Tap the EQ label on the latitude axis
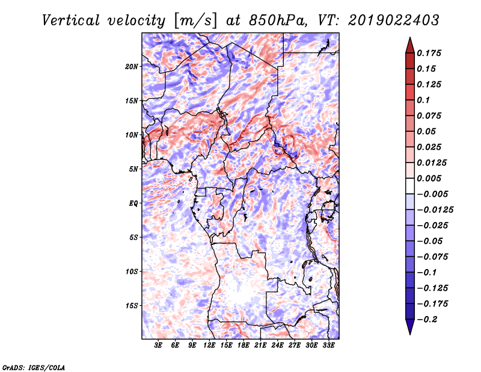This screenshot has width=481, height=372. point(134,203)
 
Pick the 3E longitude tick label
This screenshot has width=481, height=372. point(159,346)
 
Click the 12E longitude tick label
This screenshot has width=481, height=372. point(210,346)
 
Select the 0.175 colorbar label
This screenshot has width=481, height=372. point(430,53)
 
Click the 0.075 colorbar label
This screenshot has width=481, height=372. point(430,116)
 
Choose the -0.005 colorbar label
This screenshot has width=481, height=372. point(432,194)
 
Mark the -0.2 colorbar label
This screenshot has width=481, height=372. point(428,319)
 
